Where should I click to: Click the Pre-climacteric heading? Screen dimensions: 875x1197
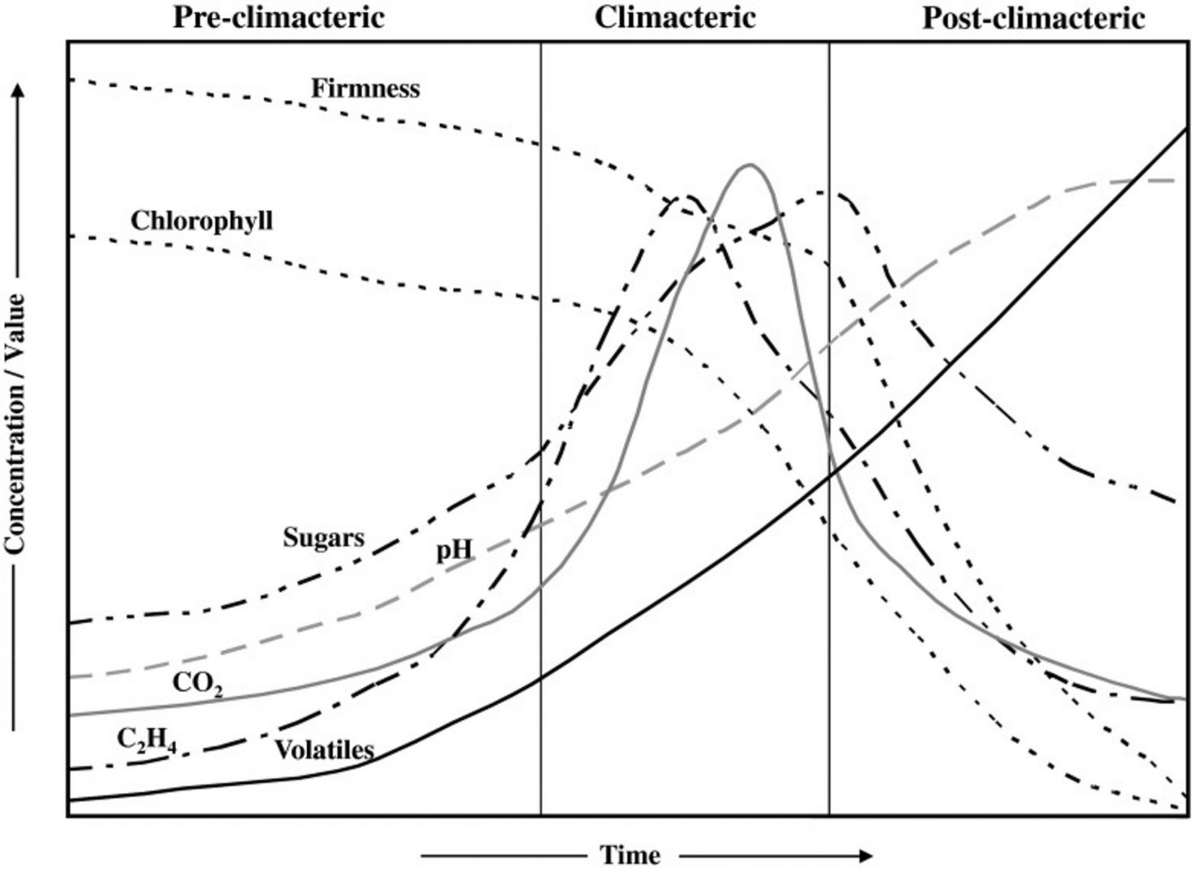tap(279, 18)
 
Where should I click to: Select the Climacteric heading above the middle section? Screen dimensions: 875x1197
tap(675, 18)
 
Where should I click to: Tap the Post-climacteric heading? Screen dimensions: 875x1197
tap(1033, 18)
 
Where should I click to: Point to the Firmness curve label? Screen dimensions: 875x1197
tap(366, 87)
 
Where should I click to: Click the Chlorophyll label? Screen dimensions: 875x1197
tap(201, 220)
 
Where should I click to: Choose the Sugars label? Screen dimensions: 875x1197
tap(323, 537)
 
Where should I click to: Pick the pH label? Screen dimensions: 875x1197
tap(454, 551)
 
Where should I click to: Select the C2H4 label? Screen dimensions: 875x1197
tap(147, 740)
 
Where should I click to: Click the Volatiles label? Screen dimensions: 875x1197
tap(324, 749)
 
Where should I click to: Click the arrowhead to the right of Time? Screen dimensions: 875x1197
tap(867, 856)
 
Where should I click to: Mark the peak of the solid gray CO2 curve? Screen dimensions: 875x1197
tap(750, 165)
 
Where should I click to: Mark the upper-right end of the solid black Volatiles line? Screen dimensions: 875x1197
tap(1185, 129)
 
